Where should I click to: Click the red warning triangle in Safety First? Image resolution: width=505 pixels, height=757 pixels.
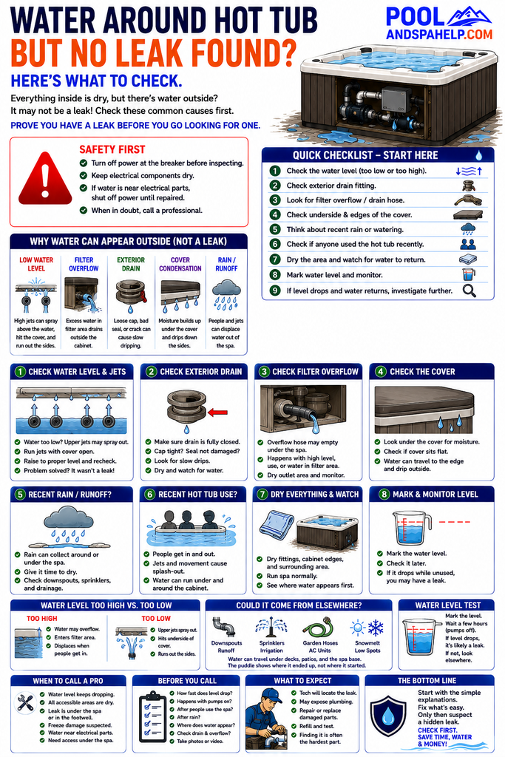(x=45, y=179)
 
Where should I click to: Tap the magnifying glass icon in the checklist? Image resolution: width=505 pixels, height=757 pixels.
(x=469, y=291)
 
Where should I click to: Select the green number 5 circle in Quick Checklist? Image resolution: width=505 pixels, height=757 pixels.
(x=275, y=229)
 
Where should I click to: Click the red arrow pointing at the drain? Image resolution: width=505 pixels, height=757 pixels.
(x=217, y=413)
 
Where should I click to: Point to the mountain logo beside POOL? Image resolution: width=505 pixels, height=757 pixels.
(x=469, y=17)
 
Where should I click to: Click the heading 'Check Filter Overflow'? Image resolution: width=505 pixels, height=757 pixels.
(x=315, y=372)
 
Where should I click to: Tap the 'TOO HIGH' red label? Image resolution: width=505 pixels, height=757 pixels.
(x=42, y=619)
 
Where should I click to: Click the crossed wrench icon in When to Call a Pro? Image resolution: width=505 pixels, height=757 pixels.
(x=24, y=702)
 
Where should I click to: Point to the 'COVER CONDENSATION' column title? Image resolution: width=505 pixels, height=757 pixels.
(x=180, y=264)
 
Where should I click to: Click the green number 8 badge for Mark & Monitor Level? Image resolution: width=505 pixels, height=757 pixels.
(x=384, y=494)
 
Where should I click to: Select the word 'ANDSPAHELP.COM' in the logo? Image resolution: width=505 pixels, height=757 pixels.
(x=439, y=34)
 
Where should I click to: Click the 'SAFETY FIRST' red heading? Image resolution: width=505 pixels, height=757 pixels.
(x=112, y=149)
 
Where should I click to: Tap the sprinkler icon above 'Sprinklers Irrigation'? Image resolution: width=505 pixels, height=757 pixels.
(x=271, y=627)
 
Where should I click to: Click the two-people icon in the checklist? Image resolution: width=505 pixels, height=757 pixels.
(x=468, y=244)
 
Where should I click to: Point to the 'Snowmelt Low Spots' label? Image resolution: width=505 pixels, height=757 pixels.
(x=367, y=646)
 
